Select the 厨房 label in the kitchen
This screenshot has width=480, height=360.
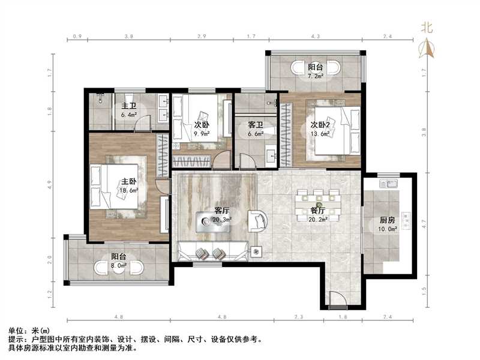pos(387,220)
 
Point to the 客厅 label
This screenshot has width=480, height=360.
pos(221,211)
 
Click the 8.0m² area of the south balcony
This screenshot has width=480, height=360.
pos(118,266)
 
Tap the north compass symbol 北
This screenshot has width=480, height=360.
pos(427,27)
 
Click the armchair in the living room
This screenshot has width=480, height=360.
pos(258,221)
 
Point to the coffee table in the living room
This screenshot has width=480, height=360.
pos(212,220)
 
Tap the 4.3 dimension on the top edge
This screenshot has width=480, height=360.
pos(316,37)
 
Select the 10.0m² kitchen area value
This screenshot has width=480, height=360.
pos(388,229)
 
